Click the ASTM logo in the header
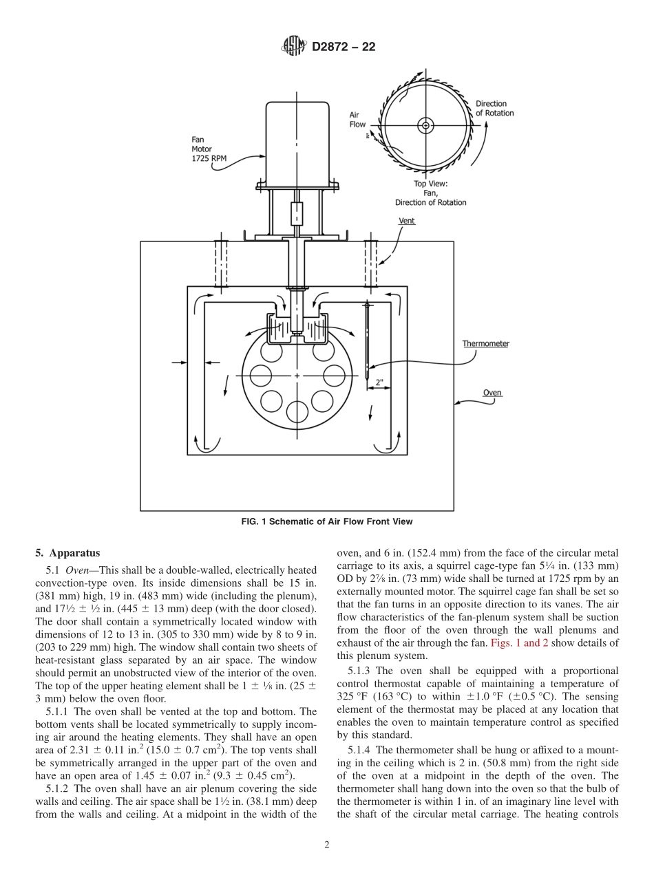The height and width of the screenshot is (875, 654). click(294, 47)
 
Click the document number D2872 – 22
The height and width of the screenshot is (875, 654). click(343, 47)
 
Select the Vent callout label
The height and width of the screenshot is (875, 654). click(407, 222)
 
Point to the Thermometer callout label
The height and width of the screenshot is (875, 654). click(485, 343)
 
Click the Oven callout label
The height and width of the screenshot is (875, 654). click(492, 393)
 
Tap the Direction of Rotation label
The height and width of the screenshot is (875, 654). click(494, 109)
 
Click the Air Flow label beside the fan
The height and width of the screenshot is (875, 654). click(357, 120)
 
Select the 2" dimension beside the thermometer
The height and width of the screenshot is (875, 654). click(379, 382)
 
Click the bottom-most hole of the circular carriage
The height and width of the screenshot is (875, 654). click(297, 411)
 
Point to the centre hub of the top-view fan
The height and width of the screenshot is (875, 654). click(425, 125)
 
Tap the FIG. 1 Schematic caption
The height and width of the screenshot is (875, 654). click(327, 521)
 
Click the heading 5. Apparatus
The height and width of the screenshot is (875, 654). click(67, 553)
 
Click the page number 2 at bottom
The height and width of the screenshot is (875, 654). click(327, 845)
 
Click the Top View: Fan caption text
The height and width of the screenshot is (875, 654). click(430, 193)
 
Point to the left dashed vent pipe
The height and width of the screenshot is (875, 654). click(220, 263)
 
